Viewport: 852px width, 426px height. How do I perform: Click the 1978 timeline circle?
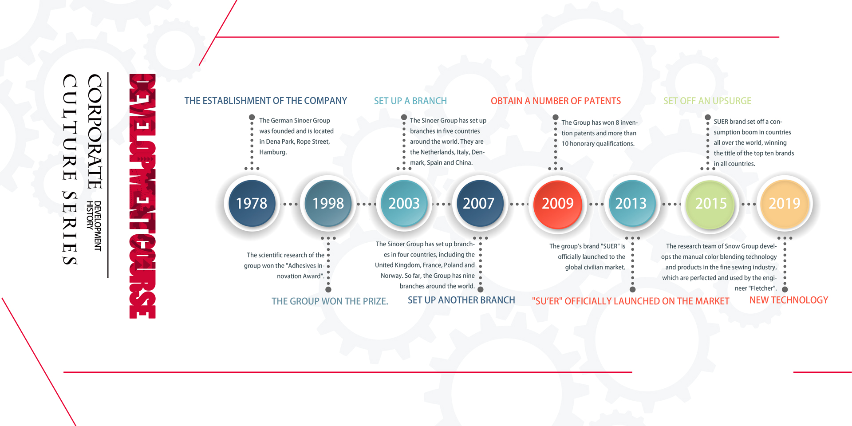(252, 203)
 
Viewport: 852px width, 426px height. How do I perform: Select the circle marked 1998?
(328, 203)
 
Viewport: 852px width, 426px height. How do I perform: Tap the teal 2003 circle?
(404, 203)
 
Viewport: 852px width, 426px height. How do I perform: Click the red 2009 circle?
(557, 204)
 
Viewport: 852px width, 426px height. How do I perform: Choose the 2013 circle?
(632, 203)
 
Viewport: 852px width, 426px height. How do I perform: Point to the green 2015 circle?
(710, 204)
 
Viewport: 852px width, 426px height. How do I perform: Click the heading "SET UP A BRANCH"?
(410, 101)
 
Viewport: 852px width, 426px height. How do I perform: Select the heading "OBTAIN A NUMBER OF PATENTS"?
(556, 101)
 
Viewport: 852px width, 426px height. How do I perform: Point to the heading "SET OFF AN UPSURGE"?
(707, 101)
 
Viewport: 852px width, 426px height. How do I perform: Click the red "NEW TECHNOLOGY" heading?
(789, 300)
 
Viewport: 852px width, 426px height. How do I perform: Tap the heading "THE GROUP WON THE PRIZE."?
(330, 301)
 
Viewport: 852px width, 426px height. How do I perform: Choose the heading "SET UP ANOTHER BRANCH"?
(461, 300)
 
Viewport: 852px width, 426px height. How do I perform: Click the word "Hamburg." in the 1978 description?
(273, 152)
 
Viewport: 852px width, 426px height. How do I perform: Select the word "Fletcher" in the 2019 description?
(762, 288)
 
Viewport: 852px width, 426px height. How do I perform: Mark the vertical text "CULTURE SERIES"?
(70, 170)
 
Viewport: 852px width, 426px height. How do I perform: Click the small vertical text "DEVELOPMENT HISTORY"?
(94, 226)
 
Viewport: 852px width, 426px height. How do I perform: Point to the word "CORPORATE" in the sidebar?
(95, 131)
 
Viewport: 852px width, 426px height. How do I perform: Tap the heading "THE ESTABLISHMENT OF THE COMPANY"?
(266, 101)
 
